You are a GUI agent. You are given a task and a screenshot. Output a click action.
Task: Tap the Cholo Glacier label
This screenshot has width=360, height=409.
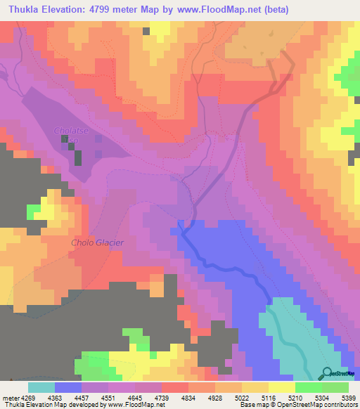(x=98, y=243)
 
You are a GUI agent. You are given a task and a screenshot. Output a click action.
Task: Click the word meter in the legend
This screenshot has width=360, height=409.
(x=9, y=397)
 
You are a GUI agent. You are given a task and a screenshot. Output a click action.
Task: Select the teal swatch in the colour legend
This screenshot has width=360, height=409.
(x=41, y=387)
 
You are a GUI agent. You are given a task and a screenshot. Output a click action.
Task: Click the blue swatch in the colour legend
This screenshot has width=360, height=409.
(x=68, y=387)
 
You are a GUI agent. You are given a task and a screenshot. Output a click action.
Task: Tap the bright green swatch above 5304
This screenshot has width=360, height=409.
(x=309, y=387)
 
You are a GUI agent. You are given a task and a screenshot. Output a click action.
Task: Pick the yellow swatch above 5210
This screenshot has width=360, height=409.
(x=282, y=387)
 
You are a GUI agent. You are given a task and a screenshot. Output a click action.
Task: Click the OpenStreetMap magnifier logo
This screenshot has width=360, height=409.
(x=327, y=373)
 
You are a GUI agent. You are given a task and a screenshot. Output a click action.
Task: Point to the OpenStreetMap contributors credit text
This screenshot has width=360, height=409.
(x=313, y=405)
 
